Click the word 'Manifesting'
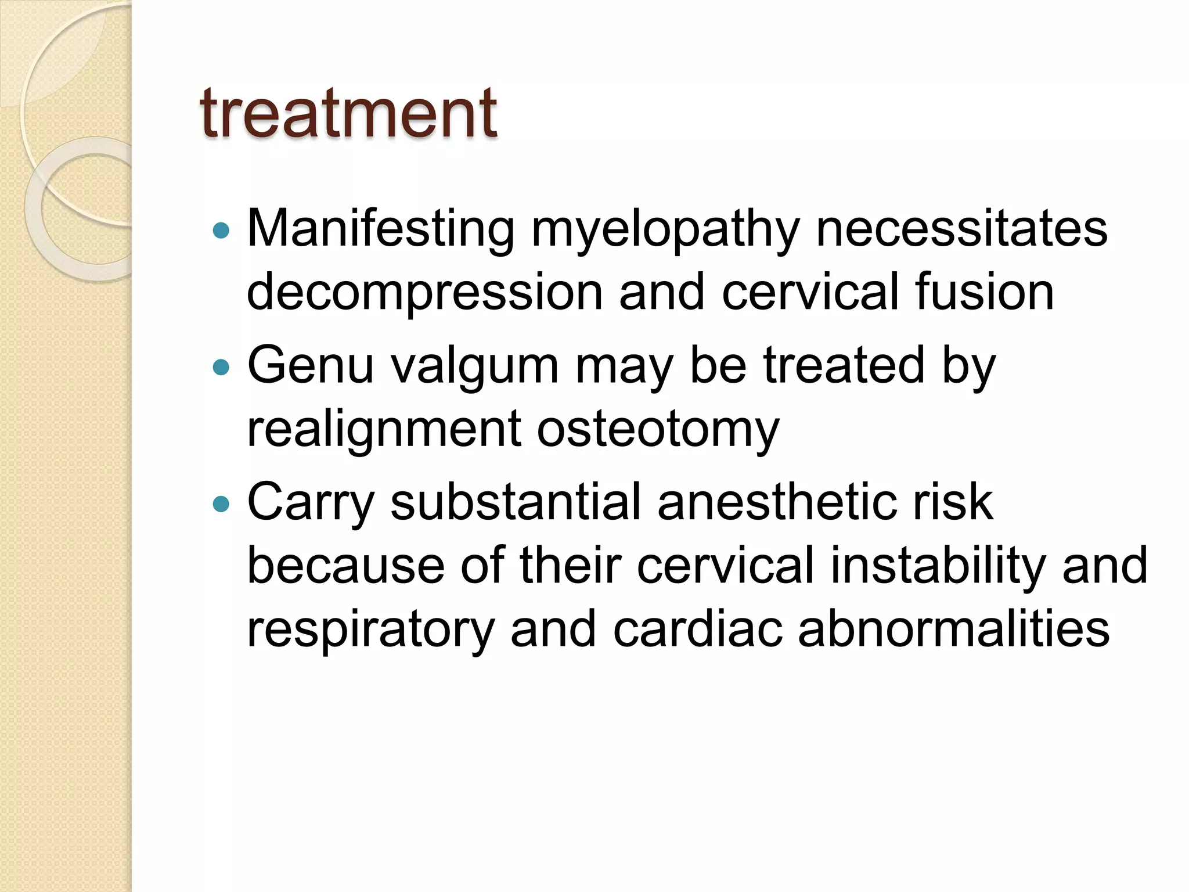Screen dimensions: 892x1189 [380, 229]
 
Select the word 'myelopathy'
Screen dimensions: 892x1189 [665, 231]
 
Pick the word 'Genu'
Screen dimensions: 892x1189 [311, 366]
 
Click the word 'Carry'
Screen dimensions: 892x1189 [311, 503]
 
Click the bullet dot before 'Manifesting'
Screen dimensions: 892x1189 [221, 231]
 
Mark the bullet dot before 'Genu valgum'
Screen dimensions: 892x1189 [221, 367]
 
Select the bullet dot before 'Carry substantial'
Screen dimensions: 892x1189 [221, 503]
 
